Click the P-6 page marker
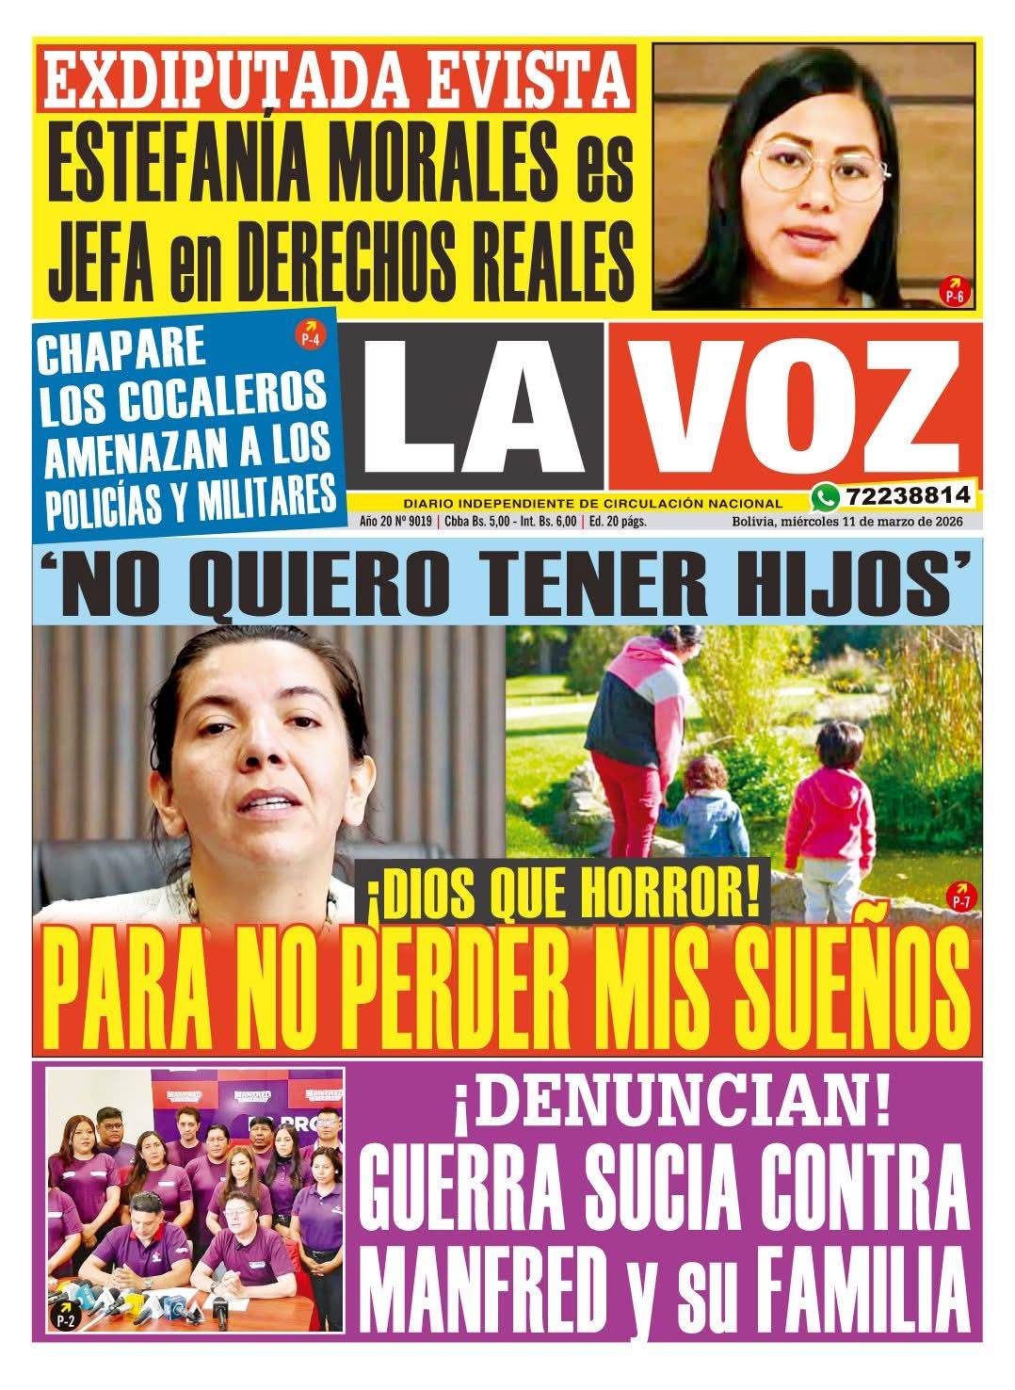coord(954,292)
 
